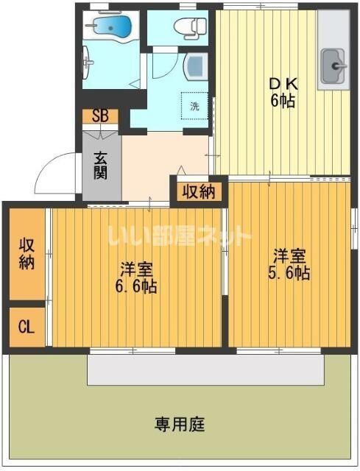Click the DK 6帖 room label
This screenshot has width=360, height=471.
[x=281, y=92]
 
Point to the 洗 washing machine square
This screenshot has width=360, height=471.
[x=194, y=106]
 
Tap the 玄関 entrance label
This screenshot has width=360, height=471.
[x=101, y=164]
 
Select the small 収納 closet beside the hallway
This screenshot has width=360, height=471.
[x=199, y=192]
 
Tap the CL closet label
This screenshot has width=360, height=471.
[x=26, y=326]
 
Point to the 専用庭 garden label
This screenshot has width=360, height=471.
[x=180, y=425]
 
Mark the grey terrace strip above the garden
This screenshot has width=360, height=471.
[x=205, y=369]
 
